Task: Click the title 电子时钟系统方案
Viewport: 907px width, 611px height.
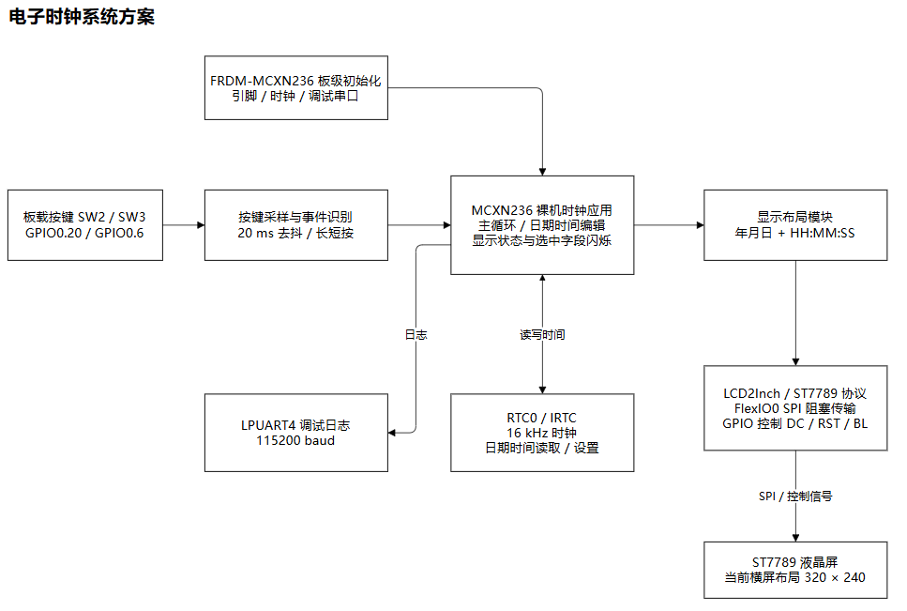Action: (82, 17)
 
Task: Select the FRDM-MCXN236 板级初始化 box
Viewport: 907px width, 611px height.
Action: (296, 88)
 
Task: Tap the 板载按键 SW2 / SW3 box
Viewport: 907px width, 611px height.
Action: (85, 225)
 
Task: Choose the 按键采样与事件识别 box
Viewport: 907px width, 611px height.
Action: (296, 225)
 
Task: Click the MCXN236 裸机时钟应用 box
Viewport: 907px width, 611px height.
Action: (542, 225)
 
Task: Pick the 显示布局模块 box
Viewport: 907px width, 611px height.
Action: (795, 225)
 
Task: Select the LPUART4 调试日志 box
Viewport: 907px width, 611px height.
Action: (296, 433)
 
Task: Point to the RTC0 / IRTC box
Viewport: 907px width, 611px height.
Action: (542, 433)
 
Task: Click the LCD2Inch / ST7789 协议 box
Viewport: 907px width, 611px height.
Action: (795, 408)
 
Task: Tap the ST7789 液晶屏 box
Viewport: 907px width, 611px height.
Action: (795, 570)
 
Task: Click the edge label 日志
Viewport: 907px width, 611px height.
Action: (416, 334)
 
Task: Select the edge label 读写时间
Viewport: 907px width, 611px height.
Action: (542, 334)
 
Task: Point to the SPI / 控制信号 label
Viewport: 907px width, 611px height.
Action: (795, 496)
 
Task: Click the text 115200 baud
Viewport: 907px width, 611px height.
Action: (295, 440)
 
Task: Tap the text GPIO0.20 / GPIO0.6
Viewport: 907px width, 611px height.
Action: (84, 233)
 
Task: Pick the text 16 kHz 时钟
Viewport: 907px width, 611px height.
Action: (541, 433)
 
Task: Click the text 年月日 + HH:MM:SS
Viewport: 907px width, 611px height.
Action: (794, 233)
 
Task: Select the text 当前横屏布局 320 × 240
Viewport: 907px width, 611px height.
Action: (794, 577)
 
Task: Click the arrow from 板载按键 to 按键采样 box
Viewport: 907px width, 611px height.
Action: (184, 225)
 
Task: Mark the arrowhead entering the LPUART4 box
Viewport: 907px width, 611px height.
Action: (392, 433)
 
